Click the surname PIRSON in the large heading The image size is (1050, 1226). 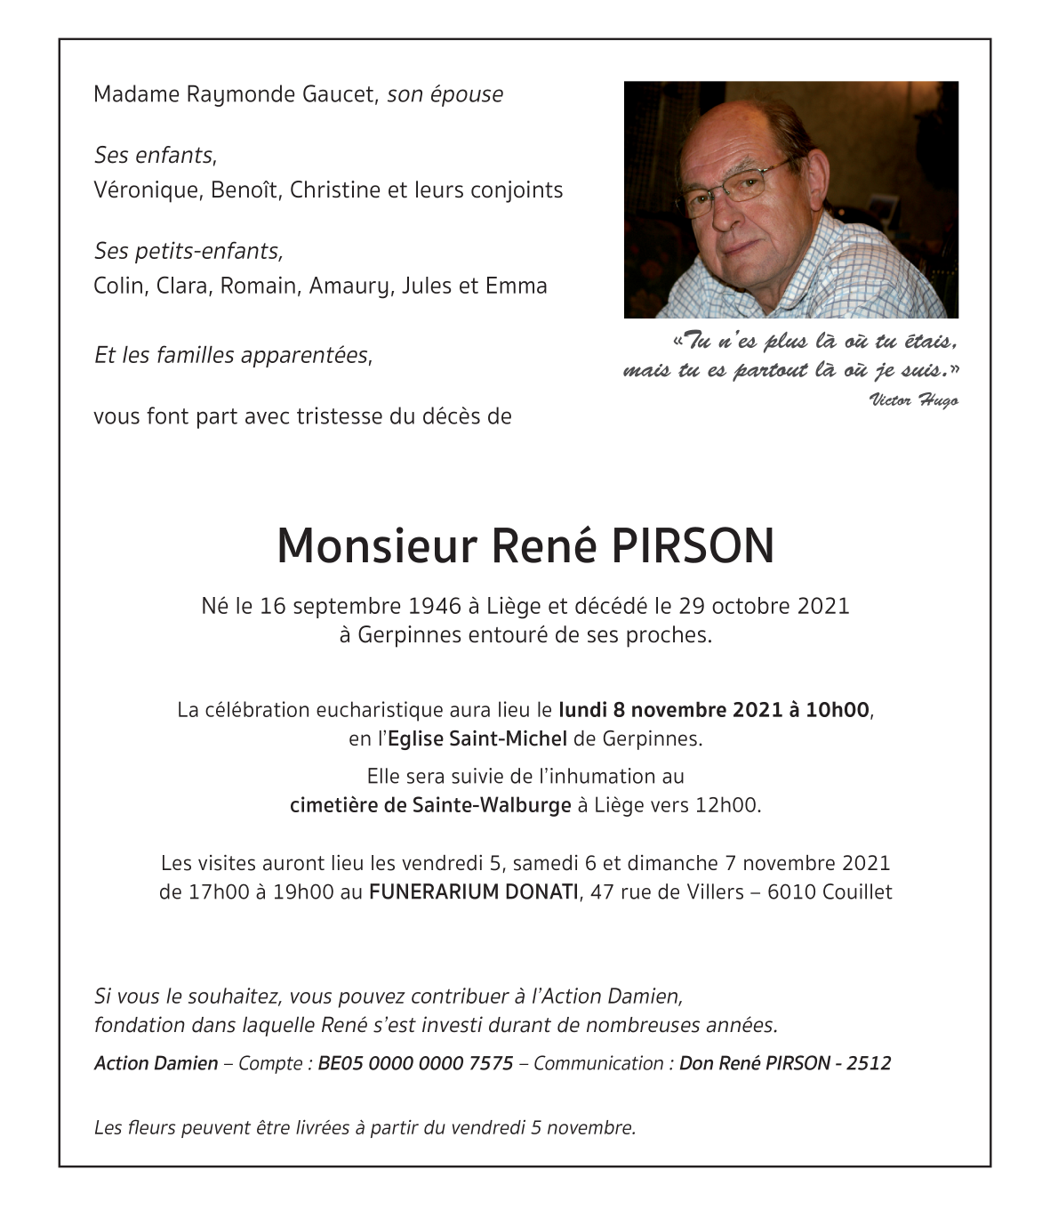pyautogui.click(x=692, y=546)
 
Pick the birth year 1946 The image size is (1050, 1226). pyautogui.click(x=434, y=607)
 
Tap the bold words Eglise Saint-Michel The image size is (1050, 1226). pyautogui.click(x=477, y=738)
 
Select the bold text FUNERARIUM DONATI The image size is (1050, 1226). pyautogui.click(x=473, y=892)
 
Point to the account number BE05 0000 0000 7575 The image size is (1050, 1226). pyautogui.click(x=415, y=1063)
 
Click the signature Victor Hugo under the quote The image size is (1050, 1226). pyautogui.click(x=913, y=399)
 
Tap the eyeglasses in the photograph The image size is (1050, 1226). pyautogui.click(x=731, y=189)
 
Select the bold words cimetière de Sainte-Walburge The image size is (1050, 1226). pyautogui.click(x=430, y=806)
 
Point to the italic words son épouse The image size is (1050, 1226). pyautogui.click(x=445, y=94)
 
